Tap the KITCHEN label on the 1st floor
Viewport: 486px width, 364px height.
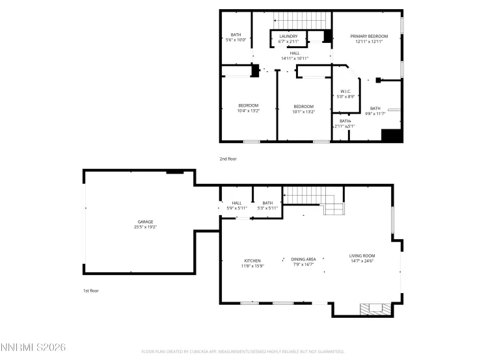252,261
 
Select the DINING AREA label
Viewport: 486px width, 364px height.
303,259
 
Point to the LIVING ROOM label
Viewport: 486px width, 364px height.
362,255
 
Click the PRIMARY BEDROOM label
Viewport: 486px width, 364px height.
369,36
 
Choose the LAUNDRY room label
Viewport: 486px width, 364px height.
288,36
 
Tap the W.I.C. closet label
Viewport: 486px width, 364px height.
346,91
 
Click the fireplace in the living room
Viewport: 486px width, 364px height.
377,308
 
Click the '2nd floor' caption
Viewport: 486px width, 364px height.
228,159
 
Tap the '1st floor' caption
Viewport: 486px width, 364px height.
90,291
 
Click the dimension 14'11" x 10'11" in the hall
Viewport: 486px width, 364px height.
294,58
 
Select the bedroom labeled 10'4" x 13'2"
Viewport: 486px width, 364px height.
249,108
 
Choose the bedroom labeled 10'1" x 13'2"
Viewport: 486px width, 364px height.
303,109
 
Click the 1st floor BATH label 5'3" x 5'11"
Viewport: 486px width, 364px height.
267,205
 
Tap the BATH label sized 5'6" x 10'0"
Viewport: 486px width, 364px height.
236,37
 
